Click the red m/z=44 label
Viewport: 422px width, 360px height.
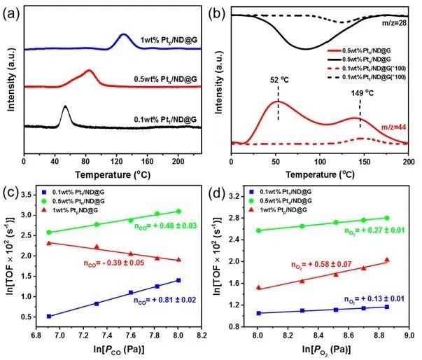[x=393, y=125]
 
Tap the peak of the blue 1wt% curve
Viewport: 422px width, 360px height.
[x=124, y=34]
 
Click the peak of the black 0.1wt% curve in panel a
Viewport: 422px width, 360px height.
[x=65, y=107]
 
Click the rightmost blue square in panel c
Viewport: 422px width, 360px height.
[x=178, y=280]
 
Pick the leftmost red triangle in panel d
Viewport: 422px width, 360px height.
[x=258, y=288]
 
